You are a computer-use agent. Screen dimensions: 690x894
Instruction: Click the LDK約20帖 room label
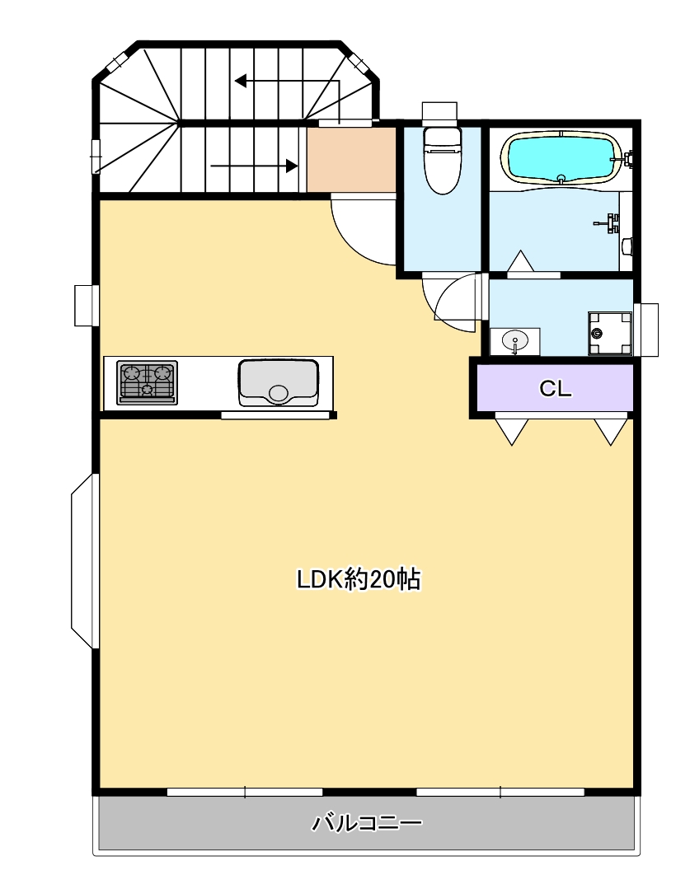click(x=359, y=579)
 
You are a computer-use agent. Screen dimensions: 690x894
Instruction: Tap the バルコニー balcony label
click(x=367, y=823)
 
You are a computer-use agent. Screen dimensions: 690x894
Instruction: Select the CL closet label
click(x=555, y=389)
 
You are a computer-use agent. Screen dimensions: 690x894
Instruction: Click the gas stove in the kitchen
click(x=147, y=382)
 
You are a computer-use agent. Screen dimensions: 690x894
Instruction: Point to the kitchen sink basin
click(x=279, y=382)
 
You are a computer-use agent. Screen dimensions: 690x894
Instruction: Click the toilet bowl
click(x=441, y=160)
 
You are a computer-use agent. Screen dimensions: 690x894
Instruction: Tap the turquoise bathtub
click(x=560, y=158)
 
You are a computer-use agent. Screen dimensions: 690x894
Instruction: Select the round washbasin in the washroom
click(x=515, y=341)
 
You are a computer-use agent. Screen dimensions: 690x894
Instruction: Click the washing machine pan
click(x=610, y=333)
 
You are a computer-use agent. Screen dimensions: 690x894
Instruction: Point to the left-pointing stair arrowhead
click(x=241, y=81)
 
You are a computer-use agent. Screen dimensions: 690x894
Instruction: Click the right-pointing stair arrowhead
click(x=292, y=166)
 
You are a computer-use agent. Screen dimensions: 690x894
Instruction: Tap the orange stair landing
click(x=351, y=160)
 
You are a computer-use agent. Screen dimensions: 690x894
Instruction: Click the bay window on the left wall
click(x=84, y=562)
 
